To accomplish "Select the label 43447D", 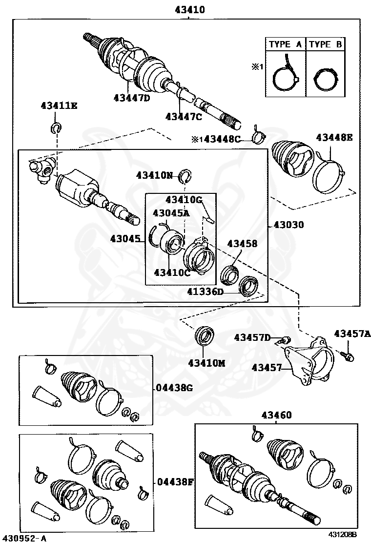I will pos(131,98).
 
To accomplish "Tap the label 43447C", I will pos(183,116).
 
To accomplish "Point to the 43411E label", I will pos(59,105).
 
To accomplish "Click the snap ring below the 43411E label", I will pos(56,128).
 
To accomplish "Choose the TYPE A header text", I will pos(286,44).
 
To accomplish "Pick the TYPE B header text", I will pos(326,44).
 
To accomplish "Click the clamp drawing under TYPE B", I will pos(325,79).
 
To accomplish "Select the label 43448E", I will pos(334,138).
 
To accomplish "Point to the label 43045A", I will pos(170,213).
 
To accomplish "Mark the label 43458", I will pos(241,243).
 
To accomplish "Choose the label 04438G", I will pos(173,388).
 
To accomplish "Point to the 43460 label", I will pos(276,415).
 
